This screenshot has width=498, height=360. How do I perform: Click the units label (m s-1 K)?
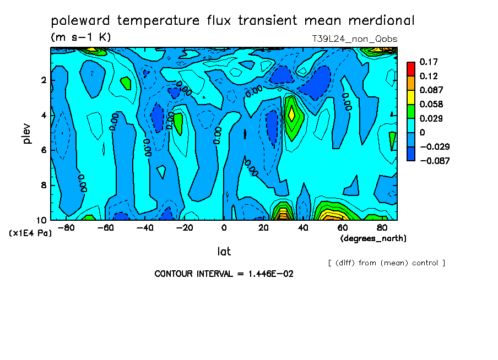pyautogui.click(x=81, y=37)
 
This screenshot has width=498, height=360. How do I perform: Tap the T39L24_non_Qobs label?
pyautogui.click(x=354, y=39)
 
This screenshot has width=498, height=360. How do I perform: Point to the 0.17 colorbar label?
pyautogui.click(x=429, y=62)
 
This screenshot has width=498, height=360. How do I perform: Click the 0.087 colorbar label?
pyautogui.click(x=431, y=90)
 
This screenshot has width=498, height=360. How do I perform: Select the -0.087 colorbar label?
pyautogui.click(x=435, y=161)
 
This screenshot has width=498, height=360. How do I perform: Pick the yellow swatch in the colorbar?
pyautogui.click(x=410, y=97)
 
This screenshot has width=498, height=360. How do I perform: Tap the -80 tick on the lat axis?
pyautogui.click(x=66, y=227)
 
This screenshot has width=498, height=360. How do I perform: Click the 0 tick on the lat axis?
pyautogui.click(x=224, y=227)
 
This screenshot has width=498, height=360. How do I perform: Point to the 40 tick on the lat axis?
pyautogui.click(x=302, y=227)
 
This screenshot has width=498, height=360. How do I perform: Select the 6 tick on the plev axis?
pyautogui.click(x=43, y=150)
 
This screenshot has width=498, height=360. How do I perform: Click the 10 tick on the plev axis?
pyautogui.click(x=41, y=220)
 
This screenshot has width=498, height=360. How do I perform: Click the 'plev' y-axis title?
pyautogui.click(x=27, y=133)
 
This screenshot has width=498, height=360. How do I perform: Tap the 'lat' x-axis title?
pyautogui.click(x=224, y=252)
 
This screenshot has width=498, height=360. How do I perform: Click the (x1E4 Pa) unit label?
pyautogui.click(x=31, y=233)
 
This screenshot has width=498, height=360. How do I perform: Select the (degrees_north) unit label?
pyautogui.click(x=373, y=238)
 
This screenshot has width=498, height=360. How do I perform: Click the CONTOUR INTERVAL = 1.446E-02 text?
pyautogui.click(x=224, y=274)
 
